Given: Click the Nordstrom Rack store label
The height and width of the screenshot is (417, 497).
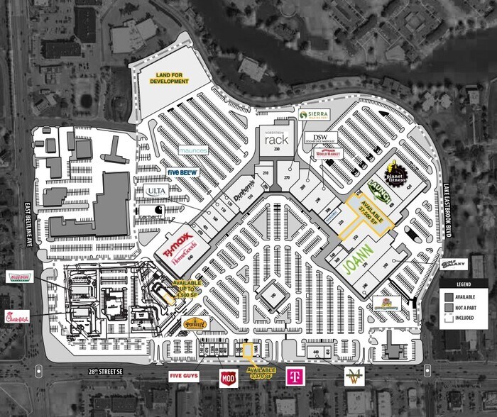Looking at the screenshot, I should click(275, 139).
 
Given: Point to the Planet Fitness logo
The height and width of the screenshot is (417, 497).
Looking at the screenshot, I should click(396, 172).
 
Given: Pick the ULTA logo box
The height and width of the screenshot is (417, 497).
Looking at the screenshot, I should click(157, 191).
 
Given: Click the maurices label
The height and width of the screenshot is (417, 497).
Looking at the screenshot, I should click(192, 150).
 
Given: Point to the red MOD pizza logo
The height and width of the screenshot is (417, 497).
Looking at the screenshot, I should click(228, 377).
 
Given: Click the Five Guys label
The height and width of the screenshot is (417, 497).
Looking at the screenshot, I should click(184, 374).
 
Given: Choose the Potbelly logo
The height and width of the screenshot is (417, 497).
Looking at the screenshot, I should click(194, 323).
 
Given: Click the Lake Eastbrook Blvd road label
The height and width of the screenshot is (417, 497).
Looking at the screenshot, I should click(447, 200).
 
